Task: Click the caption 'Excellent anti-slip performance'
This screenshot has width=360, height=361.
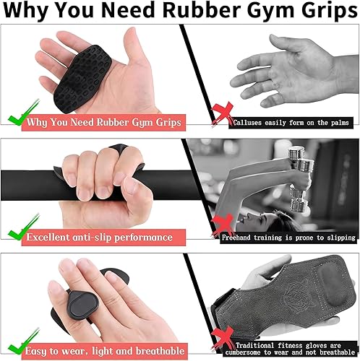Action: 99,237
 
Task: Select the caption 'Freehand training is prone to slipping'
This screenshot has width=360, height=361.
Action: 288,237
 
